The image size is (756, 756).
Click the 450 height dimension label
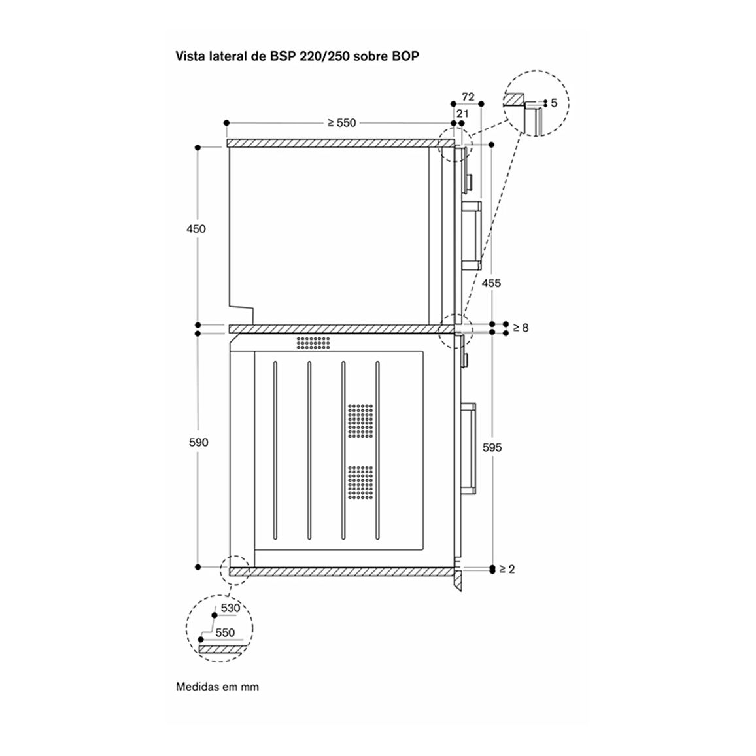(x=196, y=229)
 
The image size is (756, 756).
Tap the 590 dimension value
(x=198, y=443)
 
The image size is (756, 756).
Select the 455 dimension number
(x=491, y=283)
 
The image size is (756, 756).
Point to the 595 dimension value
(x=492, y=447)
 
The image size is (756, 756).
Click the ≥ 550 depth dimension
(x=341, y=123)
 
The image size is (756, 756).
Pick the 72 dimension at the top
(x=468, y=97)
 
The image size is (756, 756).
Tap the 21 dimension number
(x=462, y=114)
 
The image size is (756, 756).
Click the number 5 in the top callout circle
(x=553, y=103)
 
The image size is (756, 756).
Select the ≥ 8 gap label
(x=521, y=328)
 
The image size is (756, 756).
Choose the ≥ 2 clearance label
(x=507, y=569)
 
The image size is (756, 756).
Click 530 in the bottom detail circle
(x=230, y=608)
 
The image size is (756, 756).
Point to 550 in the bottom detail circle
(x=225, y=632)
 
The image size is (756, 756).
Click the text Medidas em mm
(x=217, y=687)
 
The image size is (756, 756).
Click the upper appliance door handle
(x=472, y=236)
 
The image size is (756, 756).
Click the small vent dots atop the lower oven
(x=313, y=343)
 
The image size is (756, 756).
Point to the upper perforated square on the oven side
(x=360, y=421)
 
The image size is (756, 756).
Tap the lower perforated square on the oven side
(x=360, y=482)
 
